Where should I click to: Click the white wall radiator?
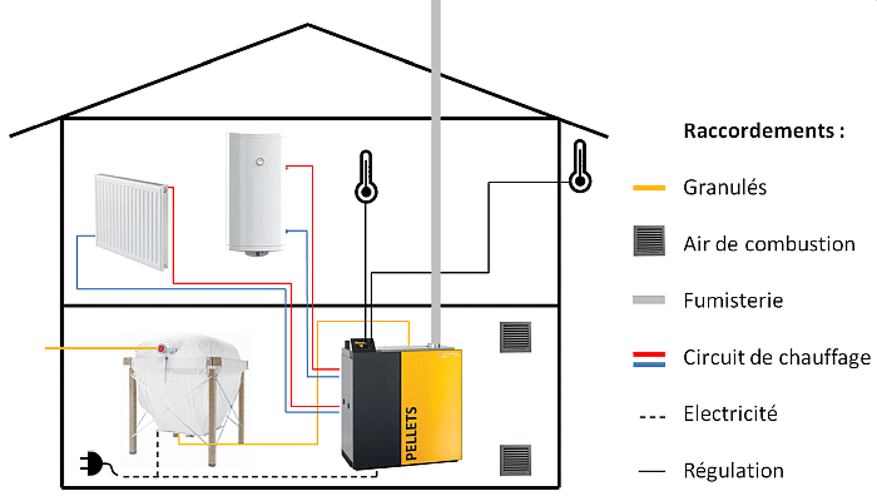pos(132,221)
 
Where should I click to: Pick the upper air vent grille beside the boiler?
pos(515,337)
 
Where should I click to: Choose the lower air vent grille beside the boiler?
pos(515,460)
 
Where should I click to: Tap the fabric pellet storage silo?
pos(185,391)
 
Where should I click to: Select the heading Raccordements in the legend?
pos(763,131)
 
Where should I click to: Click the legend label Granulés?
pos(725,186)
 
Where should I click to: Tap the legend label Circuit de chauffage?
pos(776,357)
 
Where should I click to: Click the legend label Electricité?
pos(730,414)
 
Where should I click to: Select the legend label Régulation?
pos(733,471)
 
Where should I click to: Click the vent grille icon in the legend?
pos(649,241)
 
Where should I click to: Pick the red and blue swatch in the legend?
pos(649,358)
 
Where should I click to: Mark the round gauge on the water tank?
pos(260,162)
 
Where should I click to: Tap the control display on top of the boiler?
pos(360,343)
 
